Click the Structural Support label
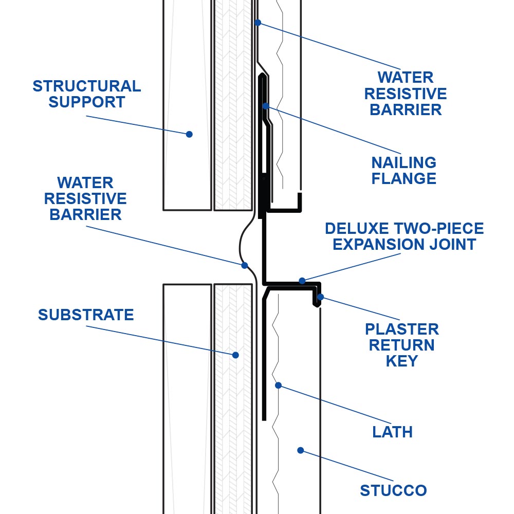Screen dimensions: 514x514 [x=87, y=94]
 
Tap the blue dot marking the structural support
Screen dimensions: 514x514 [x=189, y=134]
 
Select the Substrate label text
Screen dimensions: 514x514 [x=86, y=315]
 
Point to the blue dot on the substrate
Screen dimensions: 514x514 [x=235, y=355]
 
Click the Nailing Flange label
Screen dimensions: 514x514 [x=403, y=171]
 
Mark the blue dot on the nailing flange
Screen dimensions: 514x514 [x=266, y=106]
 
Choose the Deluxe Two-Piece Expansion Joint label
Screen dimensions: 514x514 [x=404, y=236]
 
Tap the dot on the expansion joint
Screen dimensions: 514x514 [x=302, y=281]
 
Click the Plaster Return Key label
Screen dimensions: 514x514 [x=401, y=345]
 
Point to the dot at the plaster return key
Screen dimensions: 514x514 [x=321, y=297]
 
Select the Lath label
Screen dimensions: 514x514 [x=392, y=432]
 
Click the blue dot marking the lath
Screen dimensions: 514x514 [x=278, y=385]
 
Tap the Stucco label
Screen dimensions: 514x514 [x=393, y=490]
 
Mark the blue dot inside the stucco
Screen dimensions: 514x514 [x=301, y=450]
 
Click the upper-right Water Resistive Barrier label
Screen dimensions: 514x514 [x=406, y=94]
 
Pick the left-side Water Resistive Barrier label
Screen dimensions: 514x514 [x=85, y=198]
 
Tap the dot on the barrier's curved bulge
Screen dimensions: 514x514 [x=245, y=265]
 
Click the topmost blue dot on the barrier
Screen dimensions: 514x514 [x=258, y=23]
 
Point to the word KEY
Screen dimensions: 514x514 [x=401, y=361]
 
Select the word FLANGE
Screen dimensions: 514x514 [x=403, y=179]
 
